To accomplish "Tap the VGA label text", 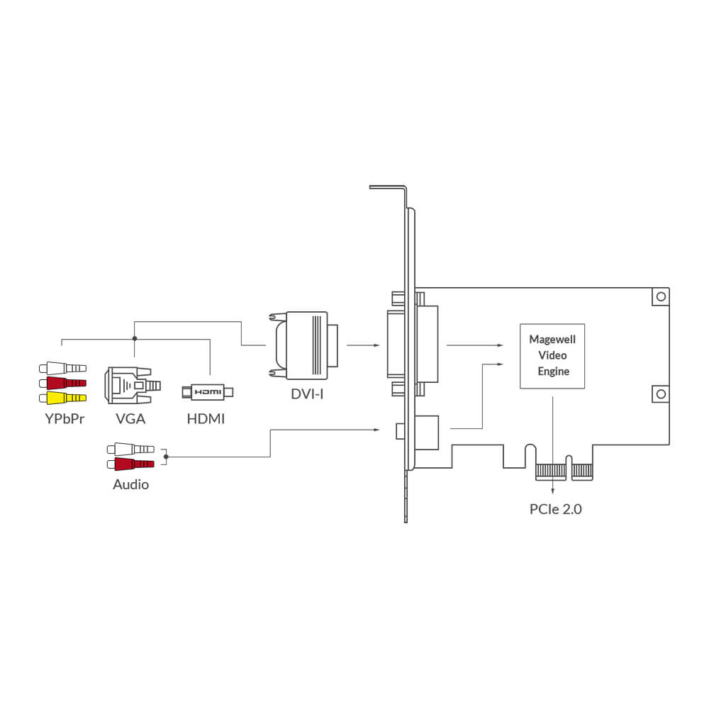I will pyautogui.click(x=130, y=418).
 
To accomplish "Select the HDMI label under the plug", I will pyautogui.click(x=206, y=418).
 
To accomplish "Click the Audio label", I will pyautogui.click(x=130, y=486).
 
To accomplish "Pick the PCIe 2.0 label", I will pyautogui.click(x=555, y=508).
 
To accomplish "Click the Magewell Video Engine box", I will pyautogui.click(x=553, y=357).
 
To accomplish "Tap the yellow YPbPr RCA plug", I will pyautogui.click(x=62, y=397).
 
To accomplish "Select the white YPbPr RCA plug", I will pyautogui.click(x=62, y=369).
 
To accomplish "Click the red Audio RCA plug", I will pyautogui.click(x=130, y=464).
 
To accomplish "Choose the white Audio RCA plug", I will pyautogui.click(x=130, y=449).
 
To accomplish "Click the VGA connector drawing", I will pyautogui.click(x=132, y=385).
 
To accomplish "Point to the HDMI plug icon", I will pyautogui.click(x=207, y=391).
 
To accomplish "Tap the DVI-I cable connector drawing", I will pyautogui.click(x=303, y=345).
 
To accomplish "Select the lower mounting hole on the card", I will pyautogui.click(x=660, y=393).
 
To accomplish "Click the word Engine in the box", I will pyautogui.click(x=553, y=371).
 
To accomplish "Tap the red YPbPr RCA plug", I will pyautogui.click(x=62, y=383).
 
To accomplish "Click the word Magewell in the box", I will pyautogui.click(x=553, y=340).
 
